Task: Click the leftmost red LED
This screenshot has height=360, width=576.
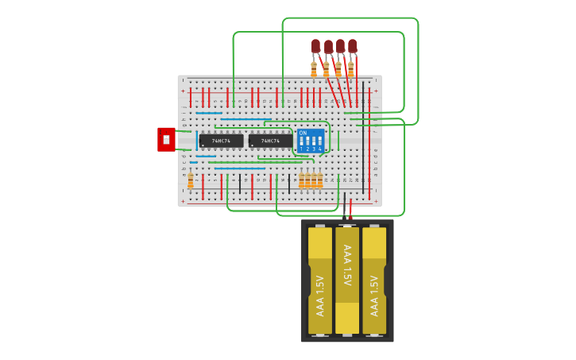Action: click(315, 46)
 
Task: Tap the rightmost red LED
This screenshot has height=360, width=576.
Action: click(353, 46)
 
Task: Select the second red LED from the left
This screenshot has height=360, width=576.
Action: click(328, 48)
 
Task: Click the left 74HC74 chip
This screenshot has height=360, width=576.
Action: click(221, 141)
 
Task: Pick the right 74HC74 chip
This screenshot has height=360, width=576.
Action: click(270, 141)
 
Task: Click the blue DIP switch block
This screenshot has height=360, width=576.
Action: click(311, 141)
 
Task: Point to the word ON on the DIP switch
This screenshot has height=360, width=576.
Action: click(303, 133)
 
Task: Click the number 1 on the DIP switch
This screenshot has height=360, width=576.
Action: click(302, 149)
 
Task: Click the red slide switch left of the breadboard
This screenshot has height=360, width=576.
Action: click(166, 140)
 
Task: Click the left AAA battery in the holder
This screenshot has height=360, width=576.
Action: click(320, 280)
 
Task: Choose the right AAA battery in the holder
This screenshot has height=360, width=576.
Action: click(374, 280)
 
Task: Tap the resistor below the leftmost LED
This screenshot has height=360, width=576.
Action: click(314, 70)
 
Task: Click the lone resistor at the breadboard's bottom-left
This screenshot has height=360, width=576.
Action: click(191, 181)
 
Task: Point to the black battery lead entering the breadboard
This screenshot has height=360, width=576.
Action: click(346, 208)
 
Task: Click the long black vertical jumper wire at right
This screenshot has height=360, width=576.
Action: click(364, 135)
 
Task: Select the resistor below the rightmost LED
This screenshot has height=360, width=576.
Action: click(351, 70)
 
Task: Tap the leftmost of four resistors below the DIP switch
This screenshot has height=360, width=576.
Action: click(302, 181)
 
